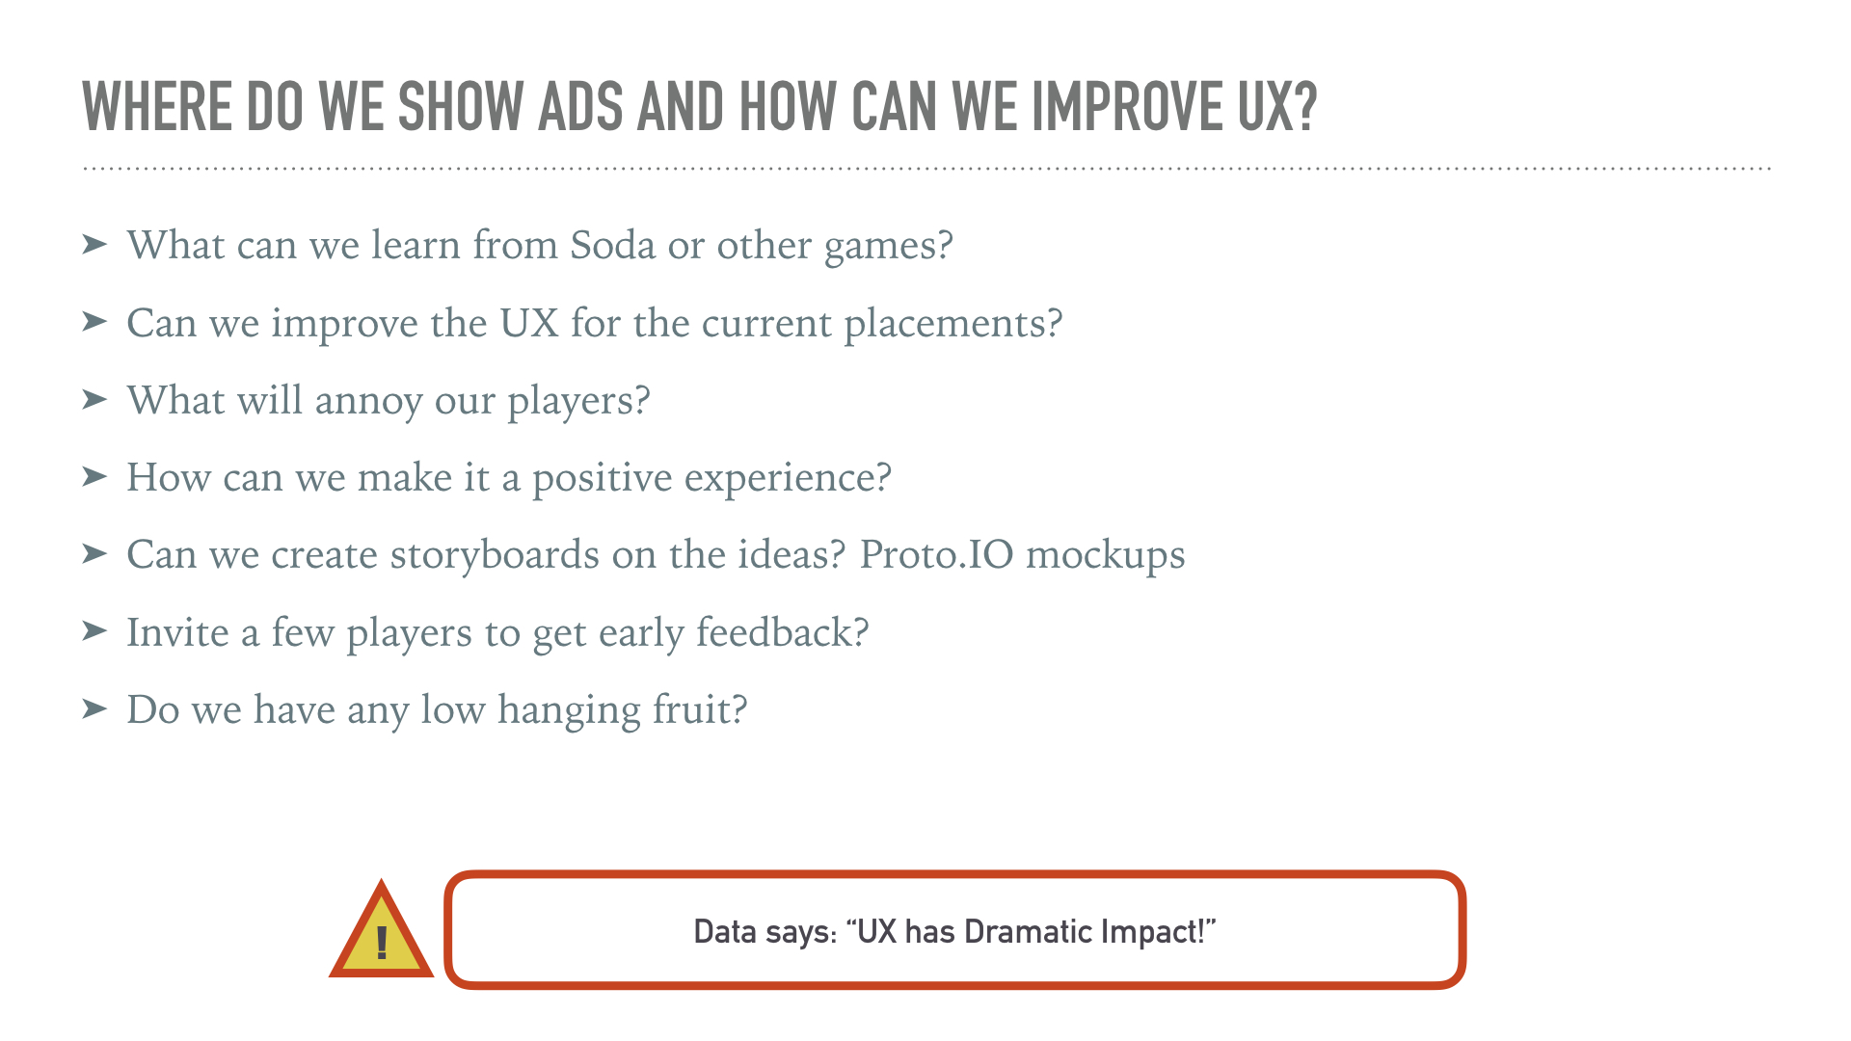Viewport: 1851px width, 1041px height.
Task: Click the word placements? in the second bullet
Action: coord(953,324)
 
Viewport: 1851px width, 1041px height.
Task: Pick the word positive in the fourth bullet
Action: coord(603,478)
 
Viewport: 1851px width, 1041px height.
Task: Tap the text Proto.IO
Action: coord(936,554)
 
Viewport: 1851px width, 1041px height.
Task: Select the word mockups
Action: coord(1105,556)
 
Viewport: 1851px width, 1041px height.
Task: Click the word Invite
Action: coord(178,632)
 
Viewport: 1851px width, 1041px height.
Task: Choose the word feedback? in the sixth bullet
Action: coord(783,632)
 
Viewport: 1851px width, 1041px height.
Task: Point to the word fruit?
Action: coord(700,709)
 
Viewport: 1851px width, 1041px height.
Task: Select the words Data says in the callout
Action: coord(765,932)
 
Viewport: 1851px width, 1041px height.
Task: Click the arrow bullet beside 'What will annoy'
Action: coord(94,399)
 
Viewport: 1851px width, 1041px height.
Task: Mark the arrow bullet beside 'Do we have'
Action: coord(94,708)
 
